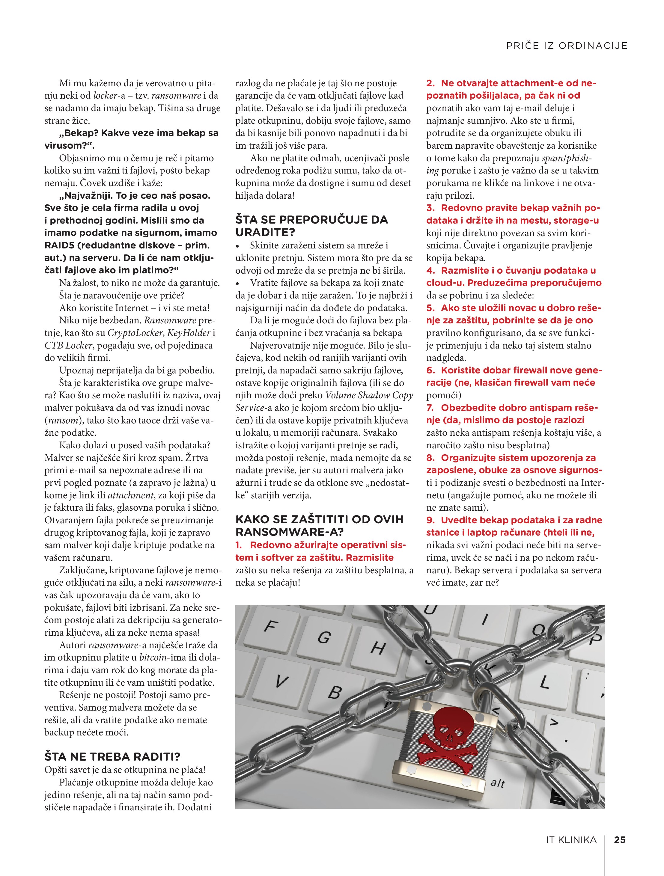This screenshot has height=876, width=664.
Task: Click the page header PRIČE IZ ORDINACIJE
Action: tap(567, 46)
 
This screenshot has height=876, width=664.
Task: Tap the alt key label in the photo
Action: tap(498, 783)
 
